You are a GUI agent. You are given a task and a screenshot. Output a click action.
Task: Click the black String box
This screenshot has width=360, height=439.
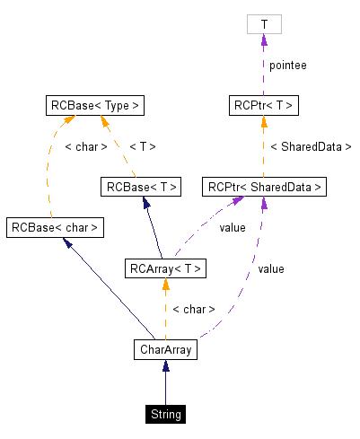[165, 414]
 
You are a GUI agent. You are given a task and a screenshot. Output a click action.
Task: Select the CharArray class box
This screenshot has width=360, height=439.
[165, 348]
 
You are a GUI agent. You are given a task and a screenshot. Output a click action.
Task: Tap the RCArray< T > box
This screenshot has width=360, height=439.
[166, 268]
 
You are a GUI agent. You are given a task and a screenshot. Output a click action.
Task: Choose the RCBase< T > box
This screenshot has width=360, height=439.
[141, 187]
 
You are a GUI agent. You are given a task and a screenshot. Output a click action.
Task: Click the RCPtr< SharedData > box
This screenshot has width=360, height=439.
[263, 187]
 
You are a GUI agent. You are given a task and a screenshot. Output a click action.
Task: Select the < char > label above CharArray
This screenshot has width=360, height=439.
[193, 309]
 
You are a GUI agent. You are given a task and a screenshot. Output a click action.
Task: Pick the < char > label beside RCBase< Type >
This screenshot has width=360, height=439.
[86, 146]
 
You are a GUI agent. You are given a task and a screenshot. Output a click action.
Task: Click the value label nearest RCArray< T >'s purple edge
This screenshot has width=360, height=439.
[232, 227]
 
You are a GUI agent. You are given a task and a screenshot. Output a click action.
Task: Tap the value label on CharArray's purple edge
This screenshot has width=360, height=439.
[270, 268]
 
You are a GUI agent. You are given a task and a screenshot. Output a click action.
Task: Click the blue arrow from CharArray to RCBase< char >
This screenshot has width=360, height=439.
[108, 287]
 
